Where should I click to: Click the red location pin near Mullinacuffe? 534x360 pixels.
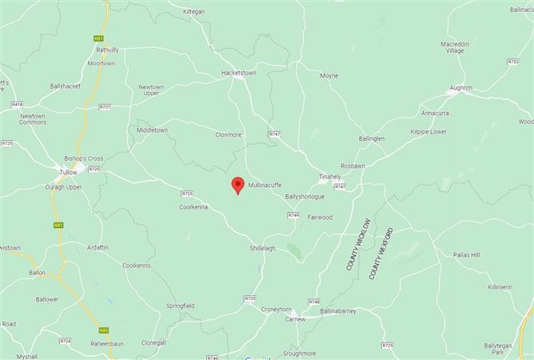(237, 186)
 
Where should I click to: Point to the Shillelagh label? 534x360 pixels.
(262, 248)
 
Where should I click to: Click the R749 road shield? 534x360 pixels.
(293, 215)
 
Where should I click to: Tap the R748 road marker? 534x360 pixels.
(313, 302)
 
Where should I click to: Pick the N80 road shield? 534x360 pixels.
(104, 330)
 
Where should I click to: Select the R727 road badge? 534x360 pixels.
(105, 106)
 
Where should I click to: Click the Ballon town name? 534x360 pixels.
(37, 273)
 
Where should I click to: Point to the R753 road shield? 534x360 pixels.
(512, 62)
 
